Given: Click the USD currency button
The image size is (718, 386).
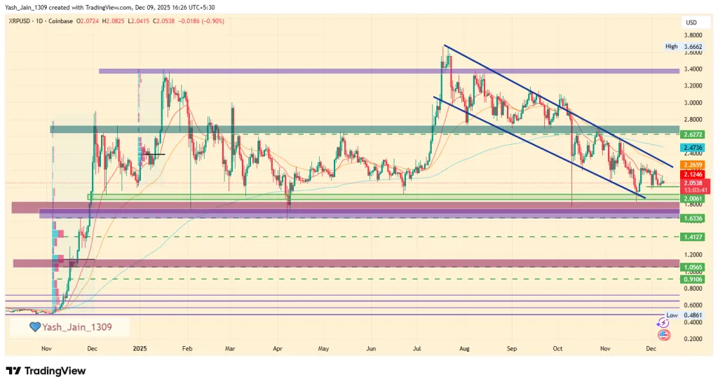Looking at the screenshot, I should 691,22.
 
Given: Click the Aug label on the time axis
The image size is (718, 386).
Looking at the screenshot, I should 465,348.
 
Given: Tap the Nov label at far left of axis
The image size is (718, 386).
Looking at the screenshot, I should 46,348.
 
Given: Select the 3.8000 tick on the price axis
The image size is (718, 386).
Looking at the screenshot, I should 694,35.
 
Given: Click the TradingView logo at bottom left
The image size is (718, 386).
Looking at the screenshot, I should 46,371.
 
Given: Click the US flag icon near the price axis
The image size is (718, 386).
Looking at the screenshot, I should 663,335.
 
